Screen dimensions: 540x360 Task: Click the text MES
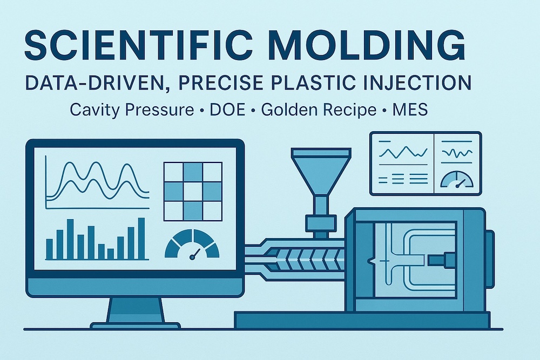pos(410,110)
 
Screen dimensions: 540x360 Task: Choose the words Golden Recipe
pos(319,110)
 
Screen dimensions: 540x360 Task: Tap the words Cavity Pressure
pos(132,110)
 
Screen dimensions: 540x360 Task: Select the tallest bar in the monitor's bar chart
pos(141,238)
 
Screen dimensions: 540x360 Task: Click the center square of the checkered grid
pos(193,192)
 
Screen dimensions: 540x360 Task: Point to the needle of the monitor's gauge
pos(195,253)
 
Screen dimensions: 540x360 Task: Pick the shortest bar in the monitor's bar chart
pos(111,254)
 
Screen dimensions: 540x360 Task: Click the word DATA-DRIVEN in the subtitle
pos(97,83)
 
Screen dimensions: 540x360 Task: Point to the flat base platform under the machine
pos(362,320)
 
